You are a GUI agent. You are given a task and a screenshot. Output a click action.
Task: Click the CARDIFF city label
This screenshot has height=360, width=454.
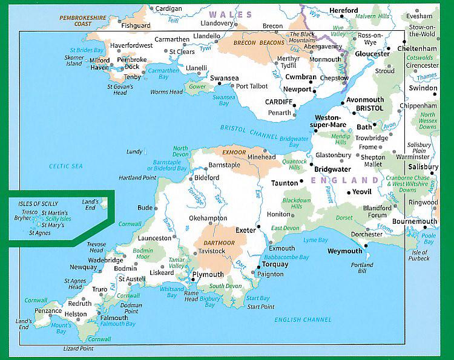click(279, 102)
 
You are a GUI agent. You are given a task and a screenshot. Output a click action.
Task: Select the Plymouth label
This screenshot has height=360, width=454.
click(207, 275)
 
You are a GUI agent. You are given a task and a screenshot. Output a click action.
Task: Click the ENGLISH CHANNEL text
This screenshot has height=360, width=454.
click(303, 319)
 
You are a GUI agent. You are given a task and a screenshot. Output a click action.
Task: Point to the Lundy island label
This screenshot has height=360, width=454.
click(134, 151)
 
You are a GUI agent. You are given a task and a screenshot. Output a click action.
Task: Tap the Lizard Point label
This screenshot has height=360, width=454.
click(79, 349)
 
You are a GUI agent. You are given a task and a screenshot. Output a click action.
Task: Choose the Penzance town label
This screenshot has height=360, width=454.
click(47, 311)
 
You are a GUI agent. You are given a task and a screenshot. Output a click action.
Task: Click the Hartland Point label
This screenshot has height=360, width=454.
click(137, 178)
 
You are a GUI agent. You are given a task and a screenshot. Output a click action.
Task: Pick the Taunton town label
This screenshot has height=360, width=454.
click(285, 183)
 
